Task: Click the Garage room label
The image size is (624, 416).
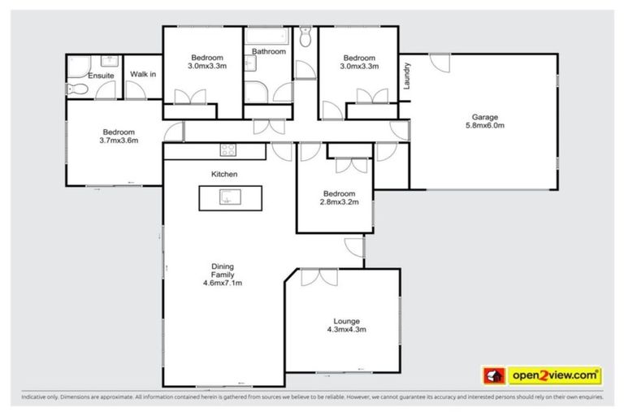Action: (484, 117)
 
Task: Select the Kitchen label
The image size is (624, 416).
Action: (223, 174)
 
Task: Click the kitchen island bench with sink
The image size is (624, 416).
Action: (232, 197)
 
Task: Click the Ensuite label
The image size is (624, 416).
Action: (101, 76)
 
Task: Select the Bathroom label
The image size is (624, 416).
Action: (268, 52)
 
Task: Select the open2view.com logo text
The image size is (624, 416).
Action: (554, 375)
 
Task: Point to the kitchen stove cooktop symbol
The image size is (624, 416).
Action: (227, 149)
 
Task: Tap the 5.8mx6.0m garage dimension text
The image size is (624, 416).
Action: (484, 126)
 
